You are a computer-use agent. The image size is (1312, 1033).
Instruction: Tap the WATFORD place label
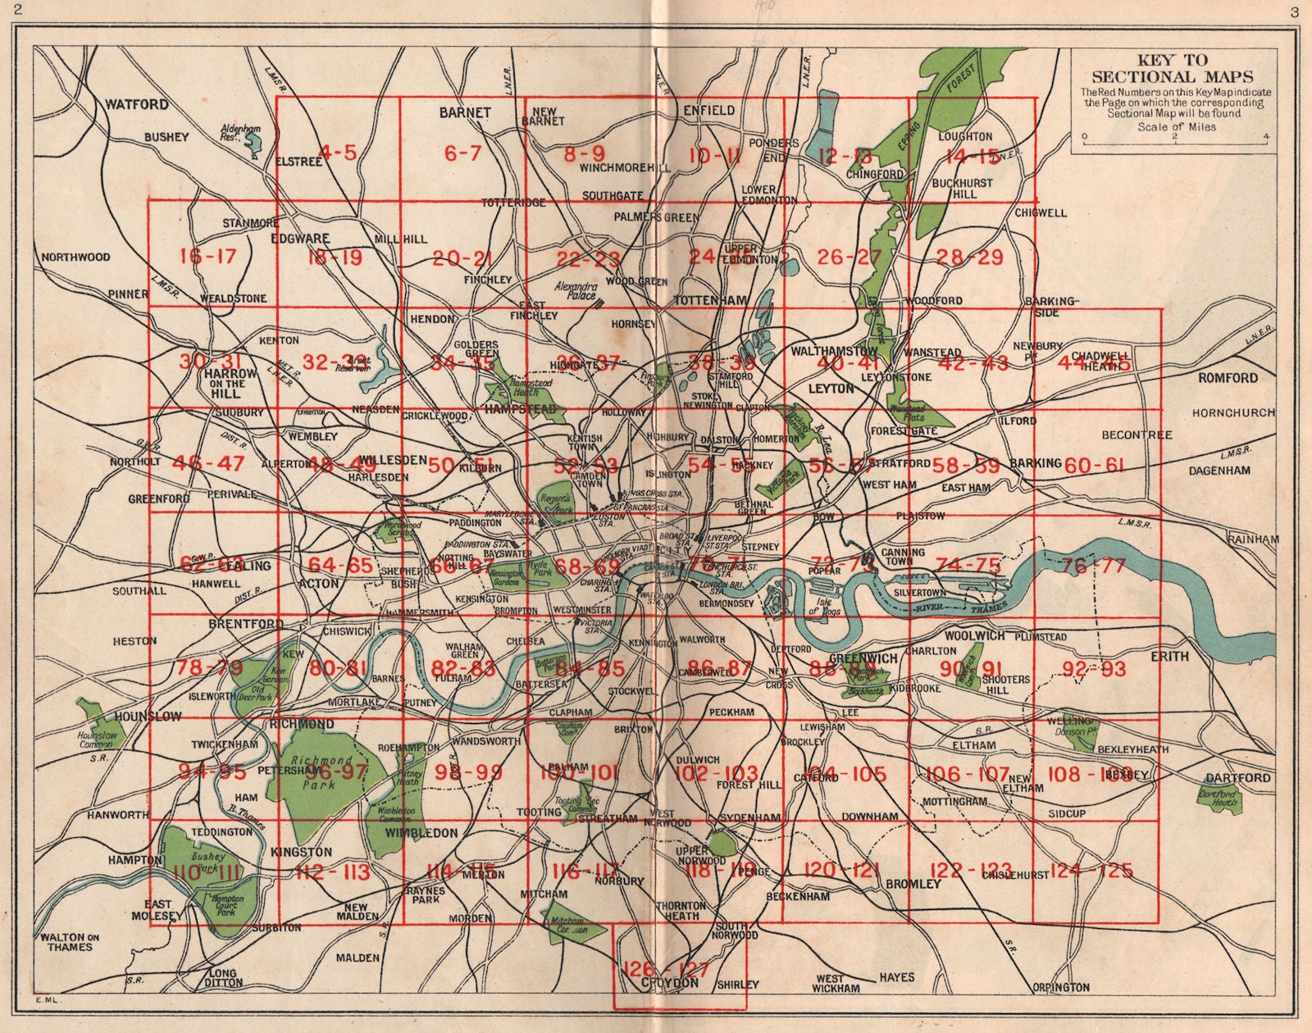click(136, 105)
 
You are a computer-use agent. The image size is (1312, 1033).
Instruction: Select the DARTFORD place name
click(1237, 777)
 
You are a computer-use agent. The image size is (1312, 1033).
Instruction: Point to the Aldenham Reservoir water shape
click(252, 144)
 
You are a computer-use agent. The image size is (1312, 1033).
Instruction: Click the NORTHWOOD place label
click(75, 257)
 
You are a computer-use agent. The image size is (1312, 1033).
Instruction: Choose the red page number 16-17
click(207, 256)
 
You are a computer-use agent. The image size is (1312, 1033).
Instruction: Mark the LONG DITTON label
click(217, 979)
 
